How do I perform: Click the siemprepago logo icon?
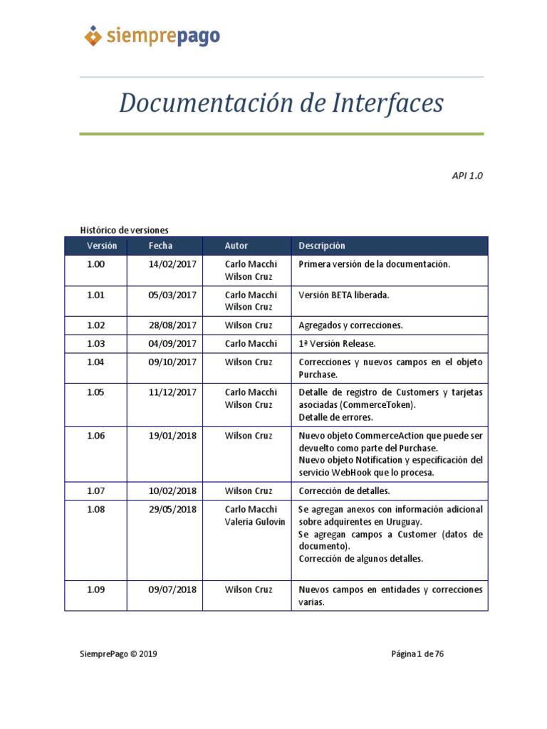coord(93,35)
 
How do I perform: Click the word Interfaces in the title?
coord(387,103)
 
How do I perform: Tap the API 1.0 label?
coord(467,175)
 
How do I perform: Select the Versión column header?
coord(102,246)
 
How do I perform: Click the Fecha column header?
coord(160,246)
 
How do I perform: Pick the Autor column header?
coord(236,246)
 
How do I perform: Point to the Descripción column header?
coord(322,246)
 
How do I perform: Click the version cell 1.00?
coord(95,264)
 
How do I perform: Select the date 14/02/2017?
coord(172,264)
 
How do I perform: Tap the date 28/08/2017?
coord(172,325)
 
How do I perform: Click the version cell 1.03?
coord(95,344)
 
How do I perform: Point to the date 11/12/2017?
coord(172,392)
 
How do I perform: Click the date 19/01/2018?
coord(172,436)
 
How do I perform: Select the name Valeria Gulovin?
coord(255,522)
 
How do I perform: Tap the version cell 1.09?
coord(95,589)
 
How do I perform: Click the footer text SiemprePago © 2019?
coord(118,654)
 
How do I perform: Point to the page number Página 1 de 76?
coord(417,654)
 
